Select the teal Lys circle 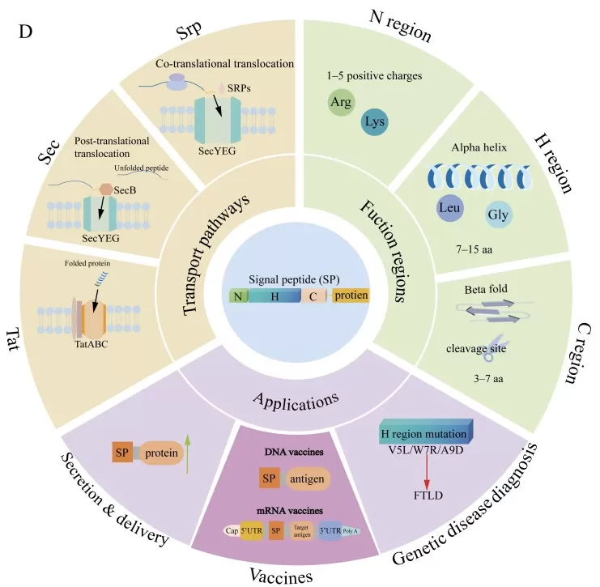pos(375,121)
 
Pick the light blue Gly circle pos(497,215)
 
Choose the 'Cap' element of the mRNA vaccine pos(231,531)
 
